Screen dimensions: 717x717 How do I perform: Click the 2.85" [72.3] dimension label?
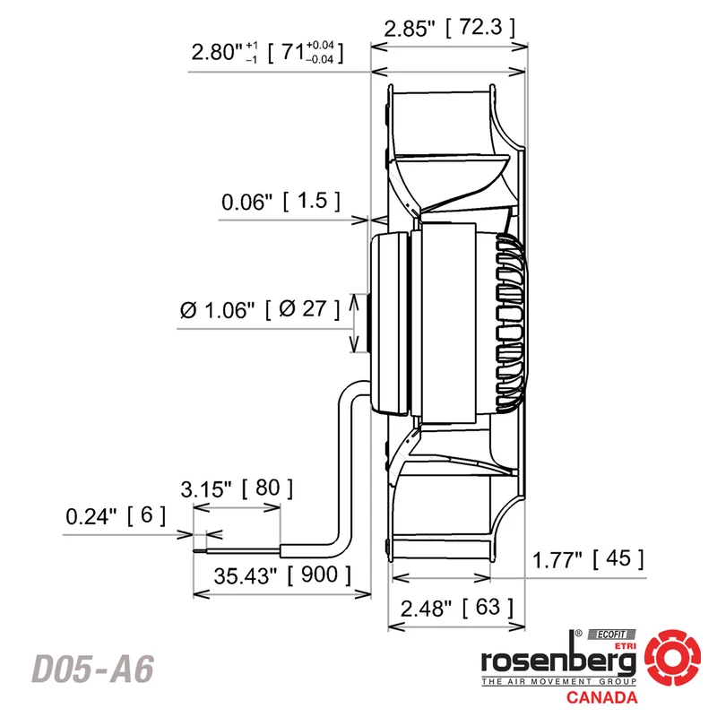450,28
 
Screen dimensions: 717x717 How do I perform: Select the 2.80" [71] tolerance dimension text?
267,52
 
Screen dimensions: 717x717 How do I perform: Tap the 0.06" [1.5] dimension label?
281,201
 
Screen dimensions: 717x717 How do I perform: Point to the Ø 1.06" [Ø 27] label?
260,309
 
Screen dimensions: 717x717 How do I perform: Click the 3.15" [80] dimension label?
237,488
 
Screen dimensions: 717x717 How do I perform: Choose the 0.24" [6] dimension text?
116,516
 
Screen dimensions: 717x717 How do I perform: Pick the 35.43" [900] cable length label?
282,574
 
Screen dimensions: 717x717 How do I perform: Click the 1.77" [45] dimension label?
588,559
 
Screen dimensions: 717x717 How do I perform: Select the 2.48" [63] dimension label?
457,608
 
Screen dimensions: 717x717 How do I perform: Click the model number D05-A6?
93,669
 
